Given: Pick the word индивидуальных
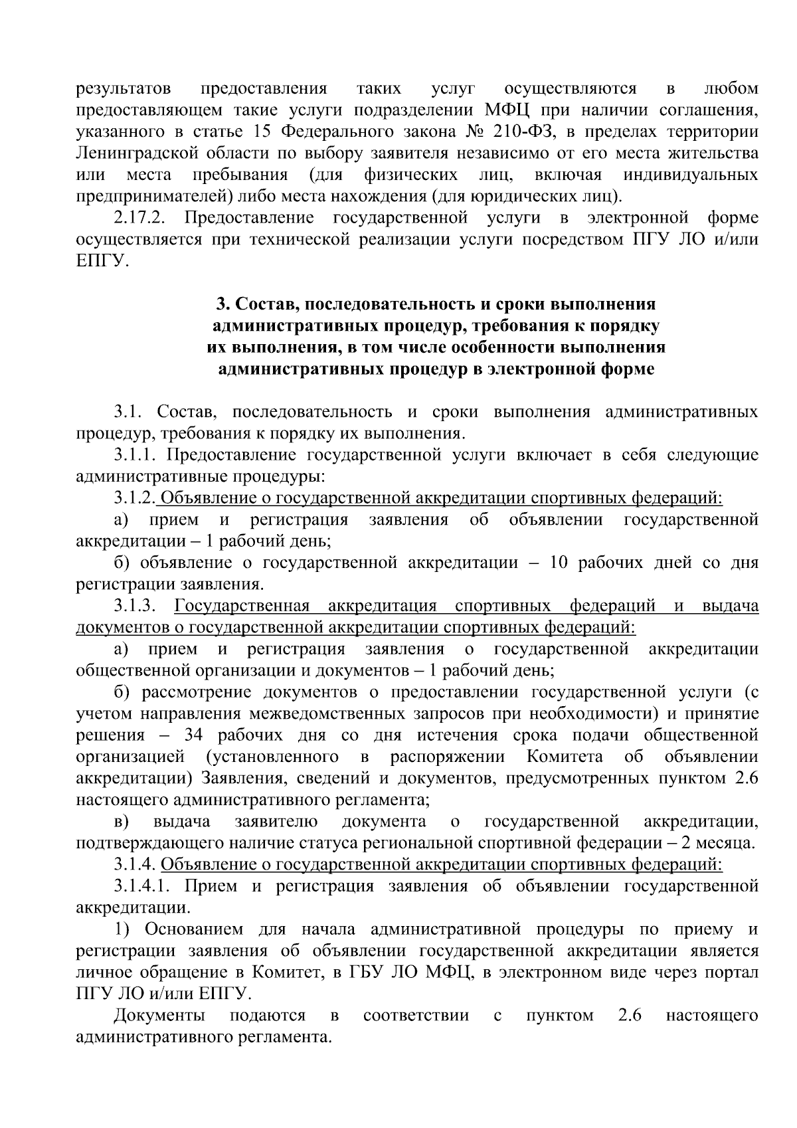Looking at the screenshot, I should [x=691, y=175].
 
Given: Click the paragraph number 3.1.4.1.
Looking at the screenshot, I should [x=143, y=887].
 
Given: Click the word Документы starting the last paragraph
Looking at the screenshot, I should [x=159, y=1016].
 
